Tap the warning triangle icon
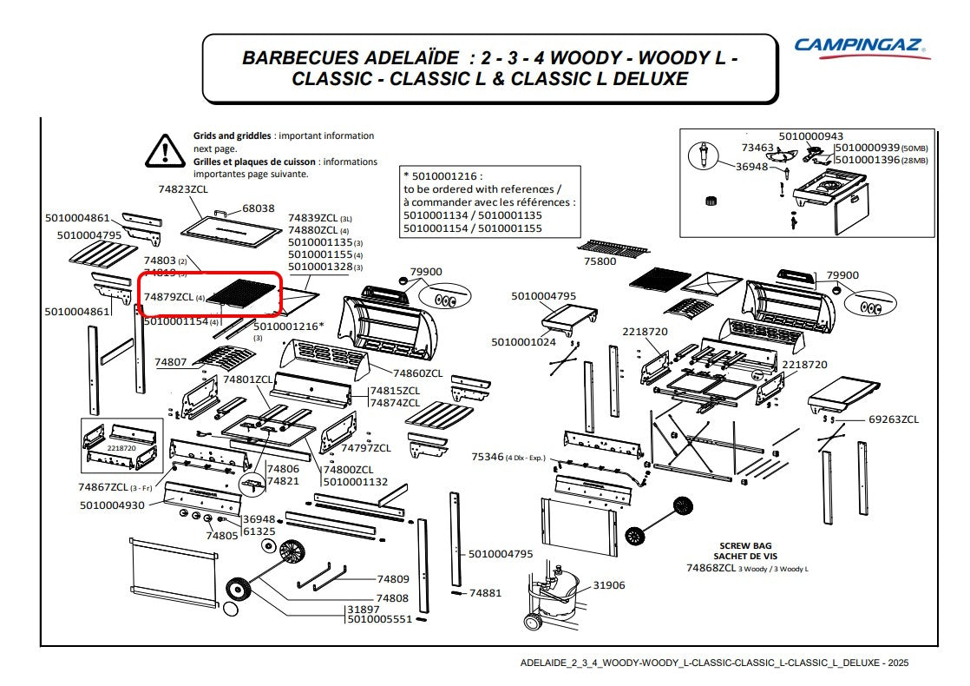click(x=163, y=150)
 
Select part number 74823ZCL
click(x=183, y=189)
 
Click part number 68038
click(x=259, y=208)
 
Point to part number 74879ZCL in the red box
click(x=168, y=297)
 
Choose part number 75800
click(x=600, y=261)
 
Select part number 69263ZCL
click(x=893, y=419)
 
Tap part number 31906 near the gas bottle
click(x=609, y=585)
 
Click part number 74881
click(x=485, y=593)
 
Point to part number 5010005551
click(x=379, y=620)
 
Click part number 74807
click(x=171, y=361)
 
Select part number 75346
click(x=488, y=457)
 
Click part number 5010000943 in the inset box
click(x=810, y=136)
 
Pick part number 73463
click(x=757, y=148)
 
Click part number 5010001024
click(x=523, y=342)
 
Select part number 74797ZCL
click(x=365, y=448)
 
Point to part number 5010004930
click(x=112, y=505)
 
